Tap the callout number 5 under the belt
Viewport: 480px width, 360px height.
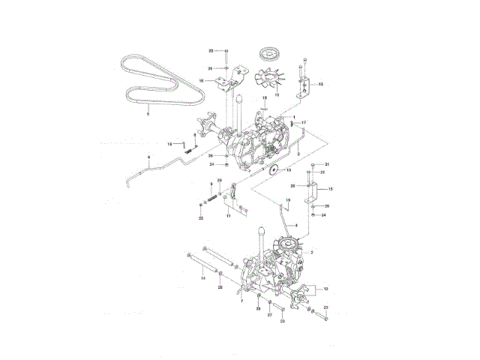click(x=148, y=113)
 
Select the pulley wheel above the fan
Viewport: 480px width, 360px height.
click(x=267, y=55)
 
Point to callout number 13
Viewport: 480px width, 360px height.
click(x=276, y=96)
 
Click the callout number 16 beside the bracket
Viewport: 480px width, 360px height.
click(x=201, y=81)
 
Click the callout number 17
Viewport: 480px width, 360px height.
click(x=304, y=121)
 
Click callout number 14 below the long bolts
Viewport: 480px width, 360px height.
click(x=202, y=277)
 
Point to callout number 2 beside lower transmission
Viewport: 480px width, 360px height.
click(x=311, y=252)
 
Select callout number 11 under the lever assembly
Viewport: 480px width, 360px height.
click(x=228, y=216)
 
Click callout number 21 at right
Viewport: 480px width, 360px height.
click(x=326, y=164)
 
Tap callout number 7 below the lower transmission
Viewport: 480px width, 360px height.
click(x=241, y=301)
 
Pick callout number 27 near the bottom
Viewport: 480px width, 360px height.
click(x=269, y=315)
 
